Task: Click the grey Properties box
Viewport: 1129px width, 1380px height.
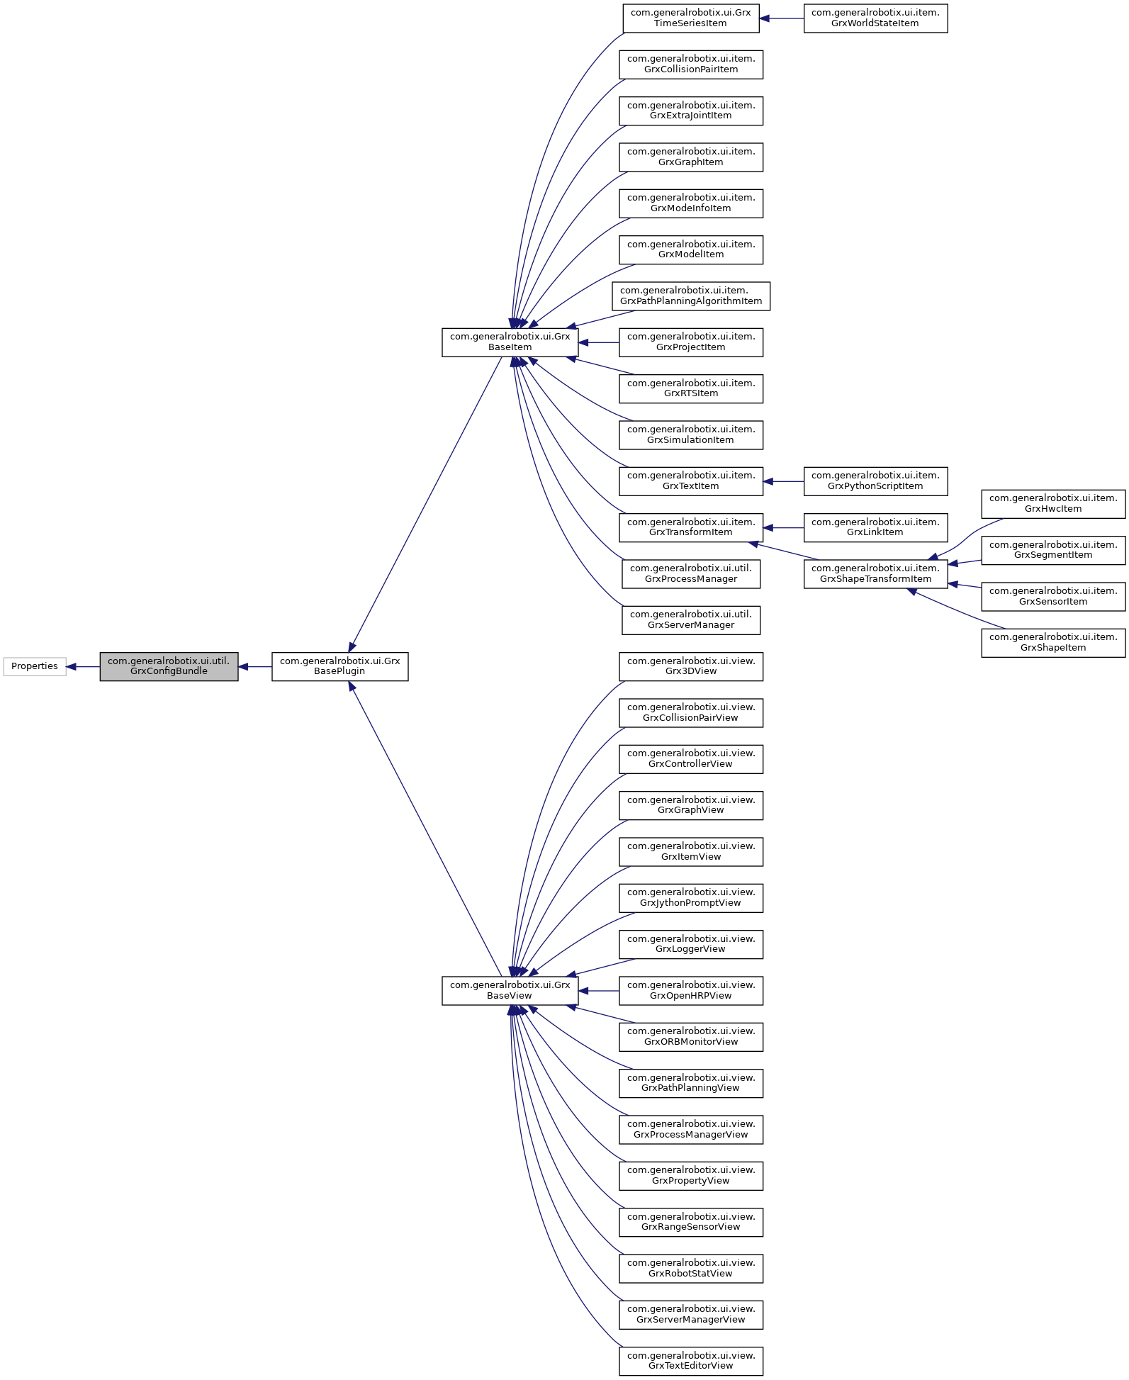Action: pyautogui.click(x=35, y=666)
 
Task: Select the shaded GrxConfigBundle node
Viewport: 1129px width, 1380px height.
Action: pyautogui.click(x=169, y=666)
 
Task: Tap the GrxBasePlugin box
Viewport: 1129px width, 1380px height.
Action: pyautogui.click(x=339, y=666)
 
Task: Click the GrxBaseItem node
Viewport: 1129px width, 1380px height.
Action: pyautogui.click(x=510, y=342)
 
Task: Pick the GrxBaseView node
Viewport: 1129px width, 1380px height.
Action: pyautogui.click(x=510, y=990)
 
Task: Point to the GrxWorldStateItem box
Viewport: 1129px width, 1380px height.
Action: pyautogui.click(x=875, y=18)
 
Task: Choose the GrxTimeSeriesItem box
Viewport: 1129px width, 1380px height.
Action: pyautogui.click(x=690, y=18)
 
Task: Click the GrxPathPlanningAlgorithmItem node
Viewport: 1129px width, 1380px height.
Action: pyautogui.click(x=691, y=296)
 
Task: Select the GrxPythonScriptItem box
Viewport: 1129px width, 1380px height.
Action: pyautogui.click(x=875, y=481)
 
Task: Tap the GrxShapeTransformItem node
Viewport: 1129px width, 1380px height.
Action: pyautogui.click(x=875, y=574)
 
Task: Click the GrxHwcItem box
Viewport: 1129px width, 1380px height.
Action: pyautogui.click(x=1053, y=504)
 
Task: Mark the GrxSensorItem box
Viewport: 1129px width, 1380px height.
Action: pyautogui.click(x=1053, y=597)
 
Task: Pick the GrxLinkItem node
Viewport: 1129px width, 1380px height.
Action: pyautogui.click(x=875, y=527)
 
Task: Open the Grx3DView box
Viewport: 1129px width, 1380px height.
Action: pyautogui.click(x=691, y=666)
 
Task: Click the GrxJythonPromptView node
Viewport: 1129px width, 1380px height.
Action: pyautogui.click(x=691, y=898)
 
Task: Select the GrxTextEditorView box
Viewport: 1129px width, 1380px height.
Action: pyautogui.click(x=691, y=1361)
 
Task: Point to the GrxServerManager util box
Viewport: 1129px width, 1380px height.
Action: pyautogui.click(x=691, y=620)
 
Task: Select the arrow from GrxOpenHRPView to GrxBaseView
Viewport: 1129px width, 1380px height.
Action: pyautogui.click(x=599, y=990)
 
